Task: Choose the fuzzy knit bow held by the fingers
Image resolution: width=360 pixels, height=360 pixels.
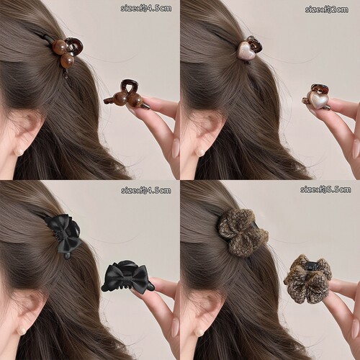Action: (x=307, y=279)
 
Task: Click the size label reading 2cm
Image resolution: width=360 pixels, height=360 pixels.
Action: (x=326, y=9)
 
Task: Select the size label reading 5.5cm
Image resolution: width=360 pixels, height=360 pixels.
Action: (x=325, y=189)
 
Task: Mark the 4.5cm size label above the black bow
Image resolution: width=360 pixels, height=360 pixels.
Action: (x=146, y=190)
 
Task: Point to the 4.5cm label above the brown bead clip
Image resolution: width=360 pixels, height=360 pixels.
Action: (x=146, y=9)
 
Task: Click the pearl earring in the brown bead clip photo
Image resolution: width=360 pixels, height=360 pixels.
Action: (x=19, y=152)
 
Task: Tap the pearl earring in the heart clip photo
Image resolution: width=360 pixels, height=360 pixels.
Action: (x=199, y=152)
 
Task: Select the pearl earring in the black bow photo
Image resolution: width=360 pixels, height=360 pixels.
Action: (x=19, y=332)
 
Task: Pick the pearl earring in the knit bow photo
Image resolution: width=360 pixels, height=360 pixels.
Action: (x=199, y=332)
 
